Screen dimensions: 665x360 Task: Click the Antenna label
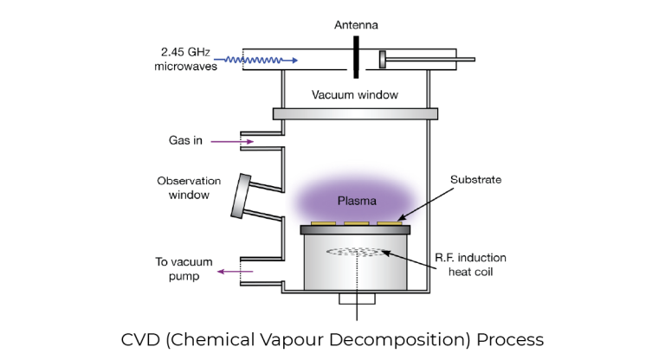[x=356, y=25]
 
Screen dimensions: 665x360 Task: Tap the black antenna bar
[x=356, y=57]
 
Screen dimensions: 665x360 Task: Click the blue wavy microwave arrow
[x=255, y=61]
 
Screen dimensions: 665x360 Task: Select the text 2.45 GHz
[x=185, y=52]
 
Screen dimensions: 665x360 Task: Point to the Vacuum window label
[x=355, y=94]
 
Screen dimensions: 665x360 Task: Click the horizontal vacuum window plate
[x=355, y=113]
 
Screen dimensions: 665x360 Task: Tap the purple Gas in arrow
[x=232, y=141]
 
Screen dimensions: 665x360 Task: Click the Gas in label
[x=185, y=140]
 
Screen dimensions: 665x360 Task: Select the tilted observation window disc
[x=241, y=196]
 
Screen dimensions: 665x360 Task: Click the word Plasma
[x=357, y=201]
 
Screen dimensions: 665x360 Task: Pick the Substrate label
[x=476, y=179]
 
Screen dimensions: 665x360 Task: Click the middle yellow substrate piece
[x=356, y=223]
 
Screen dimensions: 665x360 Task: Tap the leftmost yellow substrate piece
[x=323, y=223]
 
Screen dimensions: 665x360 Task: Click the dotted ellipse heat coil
[x=357, y=253]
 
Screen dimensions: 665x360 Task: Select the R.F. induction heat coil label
[x=471, y=265]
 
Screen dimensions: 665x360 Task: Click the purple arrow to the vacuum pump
[x=235, y=272]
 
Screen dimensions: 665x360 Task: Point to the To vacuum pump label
[x=184, y=269]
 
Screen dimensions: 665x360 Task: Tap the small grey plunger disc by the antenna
[x=383, y=60]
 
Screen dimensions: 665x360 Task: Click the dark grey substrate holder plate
[x=355, y=230]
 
